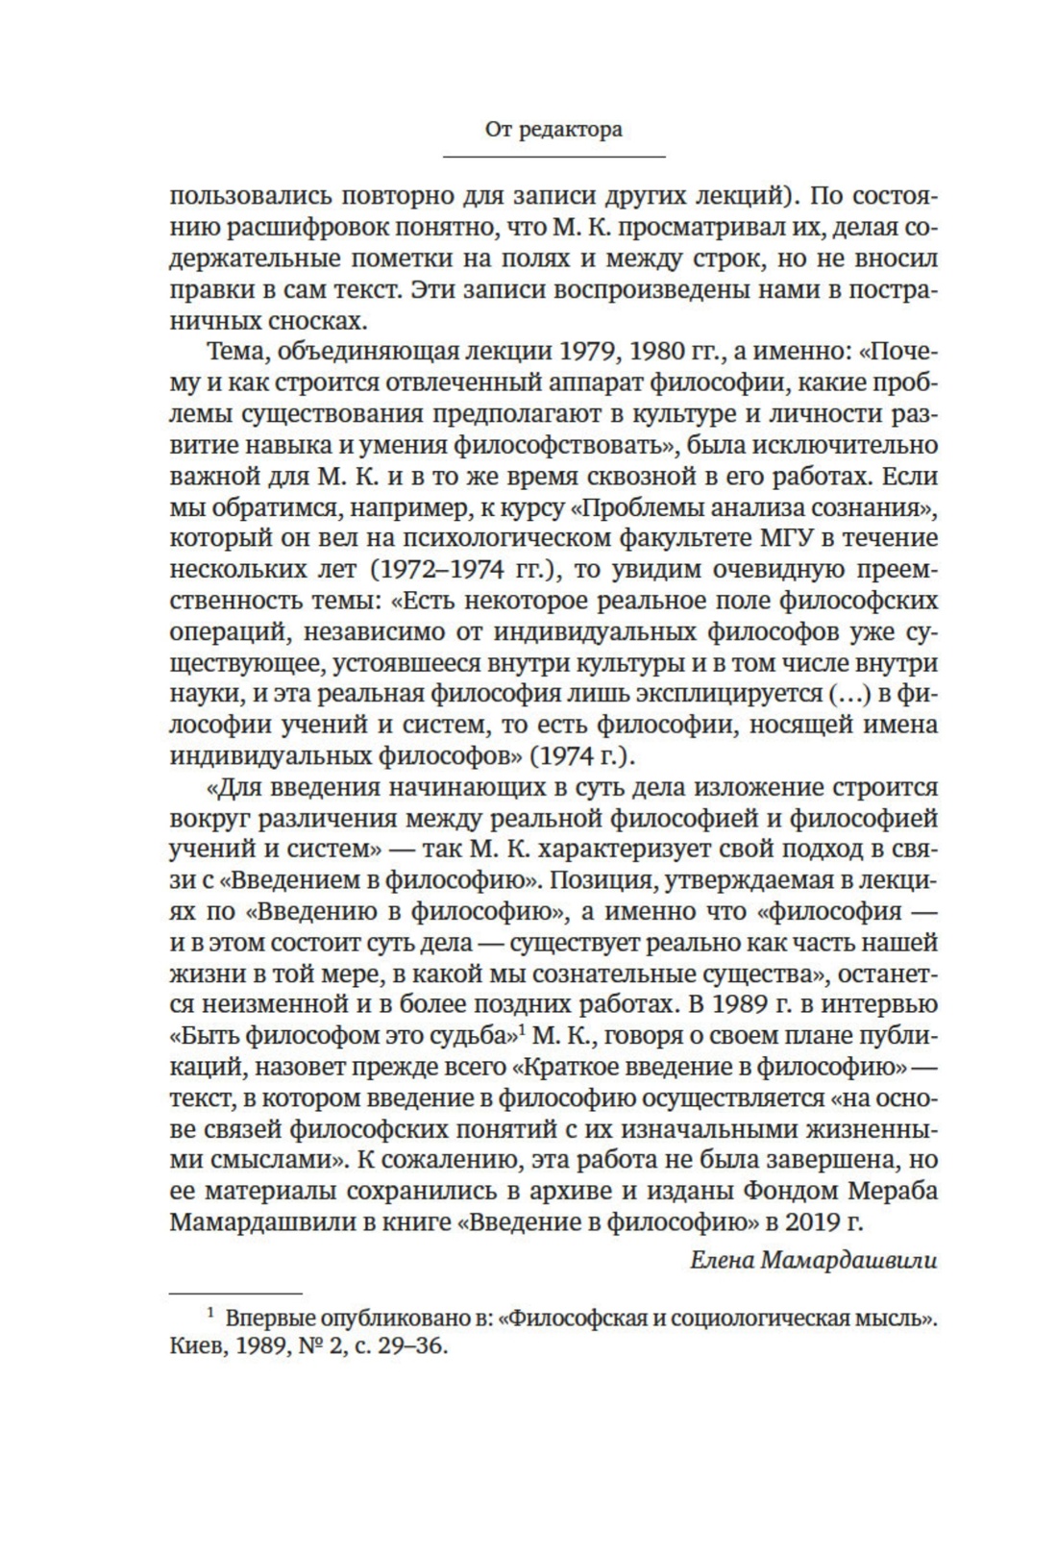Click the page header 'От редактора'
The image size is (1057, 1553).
[553, 129]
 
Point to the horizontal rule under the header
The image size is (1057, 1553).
[553, 157]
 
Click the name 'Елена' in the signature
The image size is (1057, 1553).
[721, 1260]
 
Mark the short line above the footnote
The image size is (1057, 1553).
[235, 1293]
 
